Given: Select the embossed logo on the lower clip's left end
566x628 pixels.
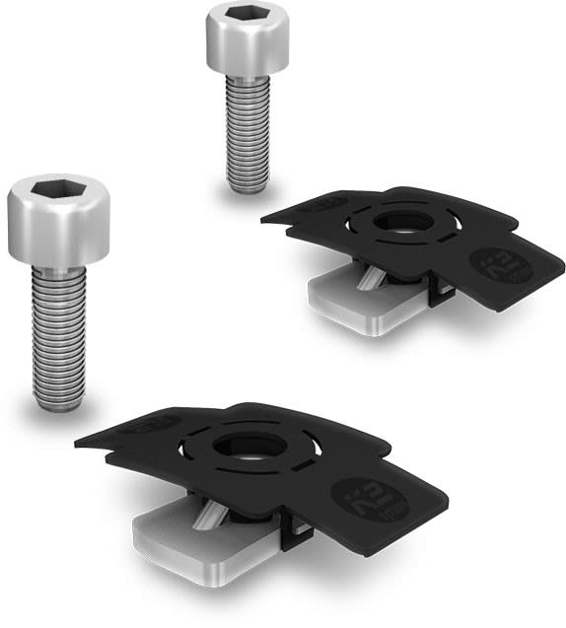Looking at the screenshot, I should point(152,424).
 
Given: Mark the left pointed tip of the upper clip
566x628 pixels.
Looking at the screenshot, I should point(263,219).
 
